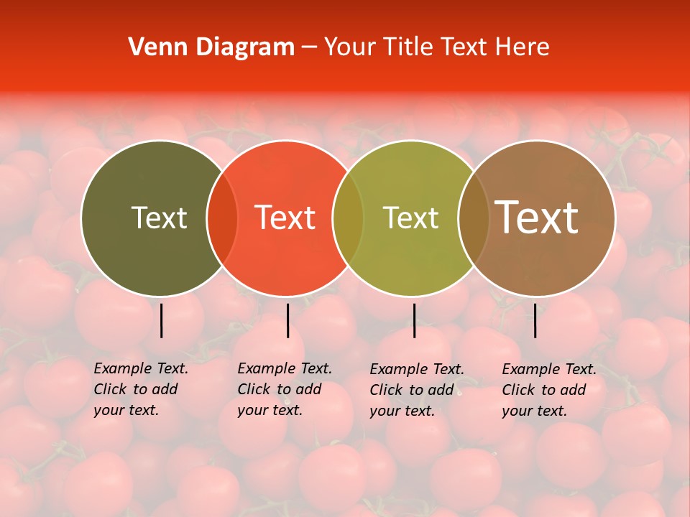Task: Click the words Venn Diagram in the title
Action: click(211, 47)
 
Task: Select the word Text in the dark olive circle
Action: click(159, 218)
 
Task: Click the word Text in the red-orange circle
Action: click(285, 218)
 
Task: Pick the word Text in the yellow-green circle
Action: click(410, 218)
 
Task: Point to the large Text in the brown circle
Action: click(537, 218)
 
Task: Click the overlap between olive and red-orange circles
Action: click(222, 218)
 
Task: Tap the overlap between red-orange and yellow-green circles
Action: click(348, 218)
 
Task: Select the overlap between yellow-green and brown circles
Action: click(473, 218)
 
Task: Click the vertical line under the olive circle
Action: click(161, 320)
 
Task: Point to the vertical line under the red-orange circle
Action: click(287, 320)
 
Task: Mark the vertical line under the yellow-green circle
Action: click(414, 320)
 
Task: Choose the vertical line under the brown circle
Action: click(535, 320)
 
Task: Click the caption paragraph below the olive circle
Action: click(141, 389)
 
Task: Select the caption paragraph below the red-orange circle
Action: click(285, 389)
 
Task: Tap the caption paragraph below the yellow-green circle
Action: click(417, 390)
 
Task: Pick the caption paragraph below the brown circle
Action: click(549, 390)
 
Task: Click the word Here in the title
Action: click(524, 47)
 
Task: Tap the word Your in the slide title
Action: click(349, 47)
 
